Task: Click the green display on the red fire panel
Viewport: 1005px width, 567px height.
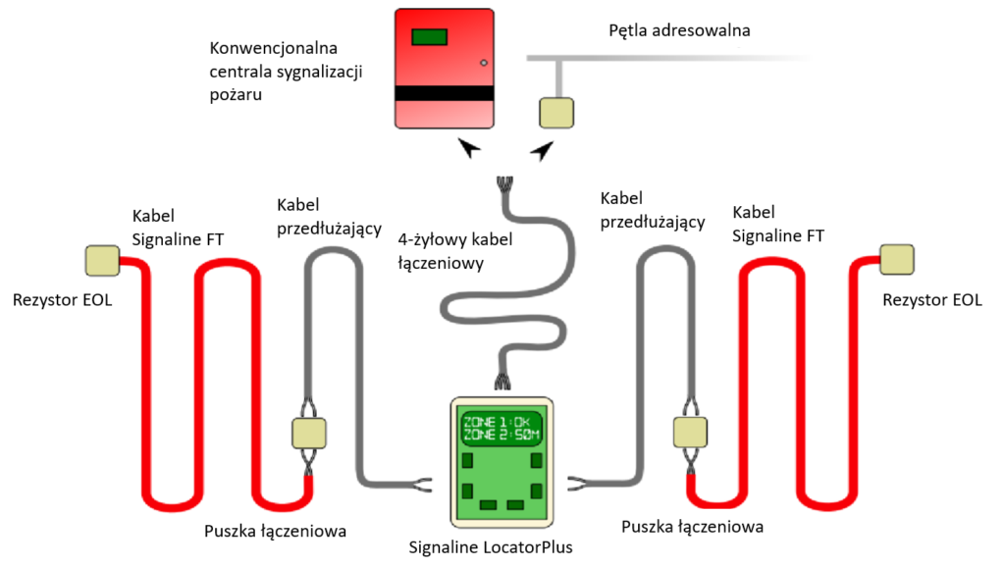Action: click(x=429, y=37)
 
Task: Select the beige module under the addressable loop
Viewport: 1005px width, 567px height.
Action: click(x=557, y=112)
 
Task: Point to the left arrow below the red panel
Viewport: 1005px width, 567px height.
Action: click(x=470, y=147)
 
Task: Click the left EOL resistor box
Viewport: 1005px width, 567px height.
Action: click(x=102, y=261)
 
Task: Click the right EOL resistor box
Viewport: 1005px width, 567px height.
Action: click(x=896, y=259)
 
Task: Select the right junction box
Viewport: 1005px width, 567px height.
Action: click(x=689, y=432)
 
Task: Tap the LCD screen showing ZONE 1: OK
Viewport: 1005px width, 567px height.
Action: click(x=502, y=429)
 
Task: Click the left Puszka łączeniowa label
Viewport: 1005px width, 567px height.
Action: click(x=275, y=531)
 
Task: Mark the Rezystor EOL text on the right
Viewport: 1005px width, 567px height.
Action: click(x=930, y=300)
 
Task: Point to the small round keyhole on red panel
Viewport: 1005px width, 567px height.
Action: click(x=482, y=63)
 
